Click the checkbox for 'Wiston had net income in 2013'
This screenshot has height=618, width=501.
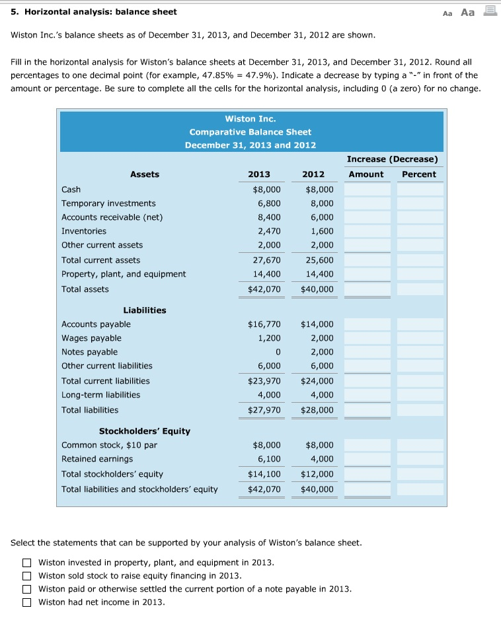point(26,602)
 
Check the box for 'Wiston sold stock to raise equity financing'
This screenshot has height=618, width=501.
point(26,576)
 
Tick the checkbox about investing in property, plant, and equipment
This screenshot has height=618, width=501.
point(26,563)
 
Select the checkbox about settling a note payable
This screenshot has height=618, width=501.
point(26,589)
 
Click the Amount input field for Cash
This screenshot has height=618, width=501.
point(367,189)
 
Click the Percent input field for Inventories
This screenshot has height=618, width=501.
point(420,231)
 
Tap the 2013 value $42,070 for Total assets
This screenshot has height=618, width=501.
point(264,289)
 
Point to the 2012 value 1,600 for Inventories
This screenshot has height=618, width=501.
point(322,231)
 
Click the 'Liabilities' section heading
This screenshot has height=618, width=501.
point(145,310)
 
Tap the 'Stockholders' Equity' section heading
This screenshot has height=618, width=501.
point(145,431)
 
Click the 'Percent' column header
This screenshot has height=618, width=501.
point(419,174)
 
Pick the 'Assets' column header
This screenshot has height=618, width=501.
point(145,174)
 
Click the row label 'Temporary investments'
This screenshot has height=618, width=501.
point(108,203)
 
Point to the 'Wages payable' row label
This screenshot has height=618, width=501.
point(91,338)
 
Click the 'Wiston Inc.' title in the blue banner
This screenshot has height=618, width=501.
point(250,119)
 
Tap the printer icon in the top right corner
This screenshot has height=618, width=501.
point(490,11)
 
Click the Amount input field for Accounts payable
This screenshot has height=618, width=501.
point(367,324)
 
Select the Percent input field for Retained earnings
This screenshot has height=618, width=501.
point(420,459)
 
